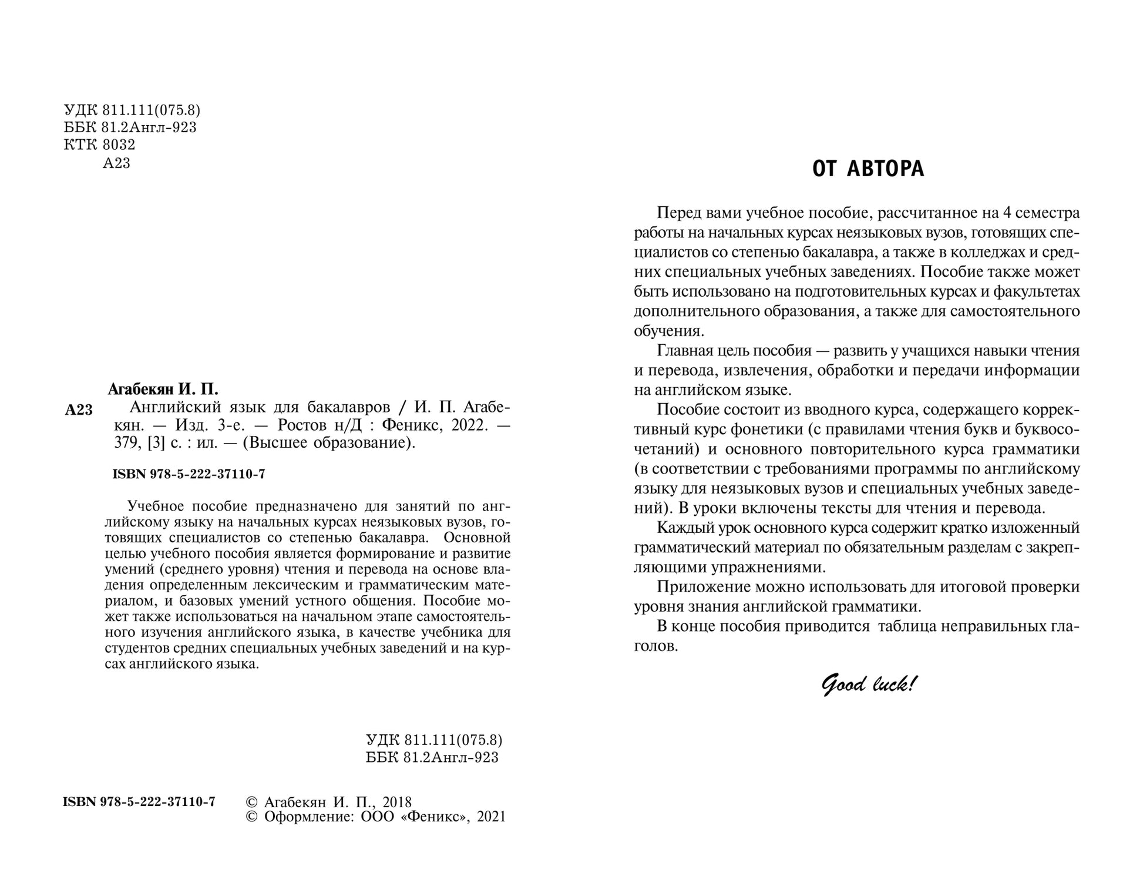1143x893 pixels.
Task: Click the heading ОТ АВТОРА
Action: (x=868, y=169)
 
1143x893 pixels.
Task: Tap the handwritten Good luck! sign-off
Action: (x=868, y=684)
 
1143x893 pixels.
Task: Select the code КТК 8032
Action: (x=99, y=145)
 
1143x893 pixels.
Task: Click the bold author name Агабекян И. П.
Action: (x=163, y=389)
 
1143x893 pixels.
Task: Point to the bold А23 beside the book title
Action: (x=79, y=410)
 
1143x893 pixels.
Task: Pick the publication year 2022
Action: (x=470, y=425)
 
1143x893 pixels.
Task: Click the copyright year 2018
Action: (x=397, y=802)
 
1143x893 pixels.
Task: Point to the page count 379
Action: (x=125, y=442)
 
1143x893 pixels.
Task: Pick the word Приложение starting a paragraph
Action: (x=703, y=587)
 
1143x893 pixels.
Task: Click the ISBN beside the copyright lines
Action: (x=139, y=802)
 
